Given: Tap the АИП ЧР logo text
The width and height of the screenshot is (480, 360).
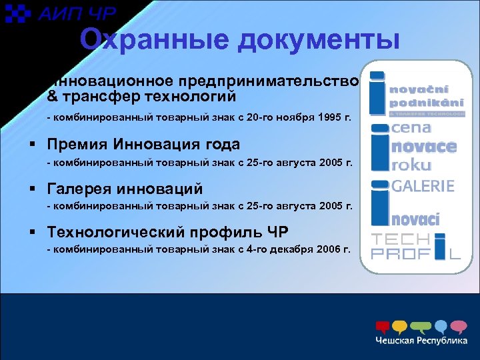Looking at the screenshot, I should (x=77, y=14).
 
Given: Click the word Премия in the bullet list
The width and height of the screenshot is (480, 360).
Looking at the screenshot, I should (x=77, y=144).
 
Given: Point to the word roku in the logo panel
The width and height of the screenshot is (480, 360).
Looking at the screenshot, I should (x=411, y=164).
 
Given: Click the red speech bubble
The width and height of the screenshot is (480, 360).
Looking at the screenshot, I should (x=383, y=327).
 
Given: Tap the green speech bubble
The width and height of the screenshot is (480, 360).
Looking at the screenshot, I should (x=421, y=327).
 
